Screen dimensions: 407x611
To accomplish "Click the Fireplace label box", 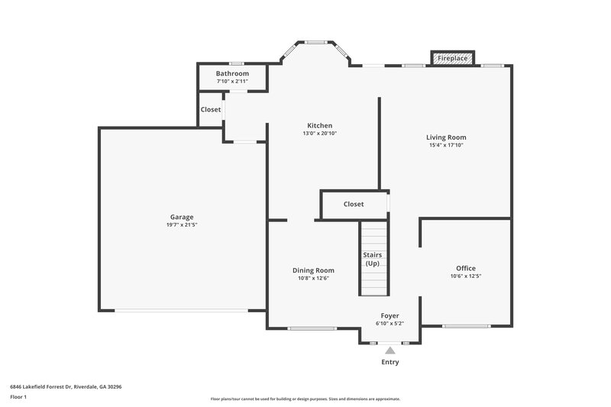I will click(453, 58).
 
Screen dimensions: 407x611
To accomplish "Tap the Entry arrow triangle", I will click(390, 350).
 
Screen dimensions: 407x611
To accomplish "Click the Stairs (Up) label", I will click(373, 259).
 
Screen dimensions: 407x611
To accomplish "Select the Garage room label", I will click(182, 217).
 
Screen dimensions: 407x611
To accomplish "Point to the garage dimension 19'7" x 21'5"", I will click(182, 225).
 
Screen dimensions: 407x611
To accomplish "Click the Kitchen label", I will click(319, 125).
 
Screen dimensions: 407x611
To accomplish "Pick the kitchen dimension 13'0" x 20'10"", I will click(319, 134).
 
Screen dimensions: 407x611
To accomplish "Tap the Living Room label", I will click(446, 137).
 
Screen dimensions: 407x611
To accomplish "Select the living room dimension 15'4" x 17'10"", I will click(446, 146).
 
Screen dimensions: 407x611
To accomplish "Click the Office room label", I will click(466, 268).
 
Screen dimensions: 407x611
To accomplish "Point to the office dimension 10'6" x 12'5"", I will click(466, 276).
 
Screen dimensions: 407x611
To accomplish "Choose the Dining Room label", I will click(313, 270).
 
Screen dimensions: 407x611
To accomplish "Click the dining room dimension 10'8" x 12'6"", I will click(313, 279).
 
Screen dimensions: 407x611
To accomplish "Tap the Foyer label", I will click(390, 315).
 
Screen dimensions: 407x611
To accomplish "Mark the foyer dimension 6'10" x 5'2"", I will click(390, 324).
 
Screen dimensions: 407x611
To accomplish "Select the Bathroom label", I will click(232, 73).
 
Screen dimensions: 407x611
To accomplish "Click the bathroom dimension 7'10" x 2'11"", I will click(232, 81).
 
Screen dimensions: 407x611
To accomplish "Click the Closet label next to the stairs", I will click(354, 204).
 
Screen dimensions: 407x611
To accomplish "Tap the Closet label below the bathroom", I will click(211, 109).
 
